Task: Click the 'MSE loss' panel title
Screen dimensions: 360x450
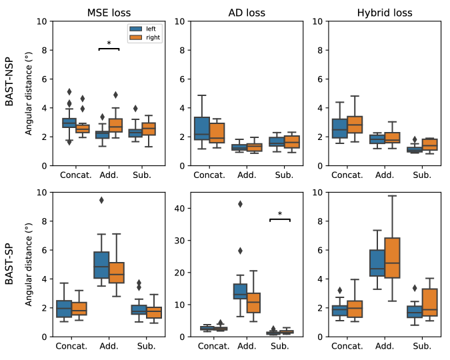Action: coord(109,12)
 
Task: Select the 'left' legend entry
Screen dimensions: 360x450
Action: coord(145,29)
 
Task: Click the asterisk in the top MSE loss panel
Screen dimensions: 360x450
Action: coord(109,44)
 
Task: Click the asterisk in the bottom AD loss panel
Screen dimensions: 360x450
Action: coord(280,215)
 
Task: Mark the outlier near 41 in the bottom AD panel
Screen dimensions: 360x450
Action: coord(239,204)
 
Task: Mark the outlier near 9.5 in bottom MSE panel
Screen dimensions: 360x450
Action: coord(101,200)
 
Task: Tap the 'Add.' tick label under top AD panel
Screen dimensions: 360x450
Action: coord(247,175)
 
